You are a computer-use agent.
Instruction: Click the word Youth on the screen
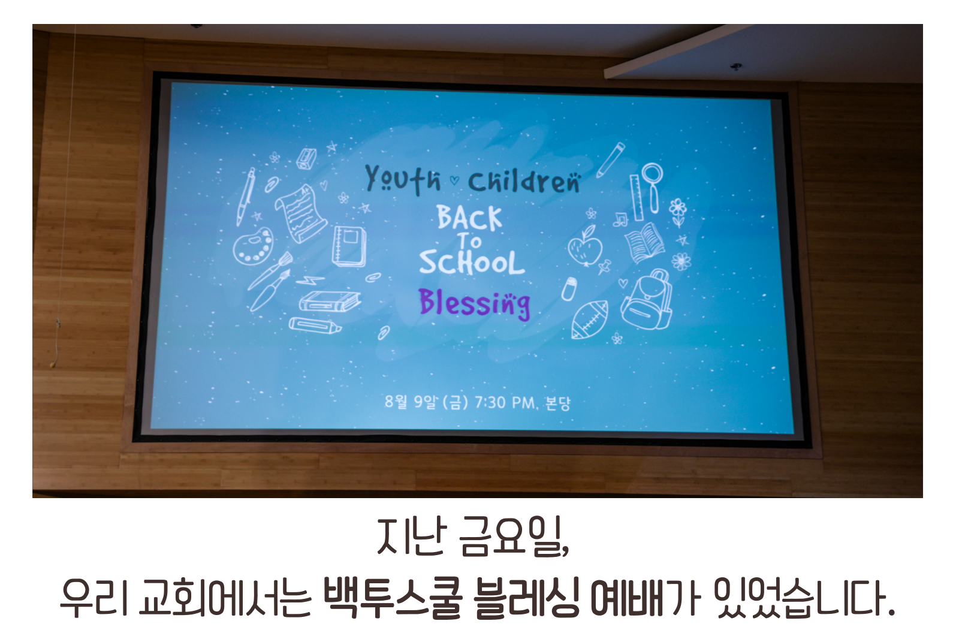(402, 179)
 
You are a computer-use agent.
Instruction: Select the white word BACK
(469, 218)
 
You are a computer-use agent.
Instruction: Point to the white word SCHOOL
(472, 262)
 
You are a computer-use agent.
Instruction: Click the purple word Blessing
(475, 303)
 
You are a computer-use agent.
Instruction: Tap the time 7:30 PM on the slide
(505, 403)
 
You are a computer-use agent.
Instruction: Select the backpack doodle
(647, 300)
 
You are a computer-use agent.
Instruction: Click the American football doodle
(590, 320)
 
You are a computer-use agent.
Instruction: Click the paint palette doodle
(254, 246)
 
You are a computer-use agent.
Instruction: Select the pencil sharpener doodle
(306, 158)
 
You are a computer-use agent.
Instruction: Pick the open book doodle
(645, 242)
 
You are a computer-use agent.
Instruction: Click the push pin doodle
(604, 266)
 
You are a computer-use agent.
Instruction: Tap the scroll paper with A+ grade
(300, 213)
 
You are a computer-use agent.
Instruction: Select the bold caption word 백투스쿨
(393, 598)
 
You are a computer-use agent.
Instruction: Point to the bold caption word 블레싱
(527, 598)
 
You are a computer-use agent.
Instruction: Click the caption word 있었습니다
(806, 598)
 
